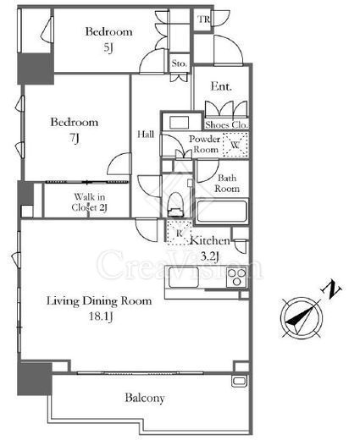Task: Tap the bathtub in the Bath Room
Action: pyautogui.click(x=222, y=211)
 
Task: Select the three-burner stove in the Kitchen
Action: pyautogui.click(x=237, y=278)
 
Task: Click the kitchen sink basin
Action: pyautogui.click(x=184, y=277)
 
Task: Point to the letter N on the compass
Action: pyautogui.click(x=331, y=289)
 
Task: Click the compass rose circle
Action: pyautogui.click(x=302, y=318)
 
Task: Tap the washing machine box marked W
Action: pyautogui.click(x=235, y=145)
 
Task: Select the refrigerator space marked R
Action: pyautogui.click(x=179, y=233)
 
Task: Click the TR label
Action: pyautogui.click(x=203, y=19)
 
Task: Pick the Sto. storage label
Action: pyautogui.click(x=180, y=63)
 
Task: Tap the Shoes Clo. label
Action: pyautogui.click(x=227, y=124)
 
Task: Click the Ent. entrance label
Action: pyautogui.click(x=221, y=86)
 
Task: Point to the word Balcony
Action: pyautogui.click(x=145, y=398)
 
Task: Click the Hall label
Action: pyautogui.click(x=146, y=134)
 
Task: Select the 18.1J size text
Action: pyautogui.click(x=101, y=316)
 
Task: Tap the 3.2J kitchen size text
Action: pyautogui.click(x=209, y=256)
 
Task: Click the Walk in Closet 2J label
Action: pyautogui.click(x=89, y=202)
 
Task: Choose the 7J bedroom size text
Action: pyautogui.click(x=75, y=138)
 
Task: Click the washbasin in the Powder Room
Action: pyautogui.click(x=179, y=123)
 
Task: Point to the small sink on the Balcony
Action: pyautogui.click(x=239, y=381)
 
